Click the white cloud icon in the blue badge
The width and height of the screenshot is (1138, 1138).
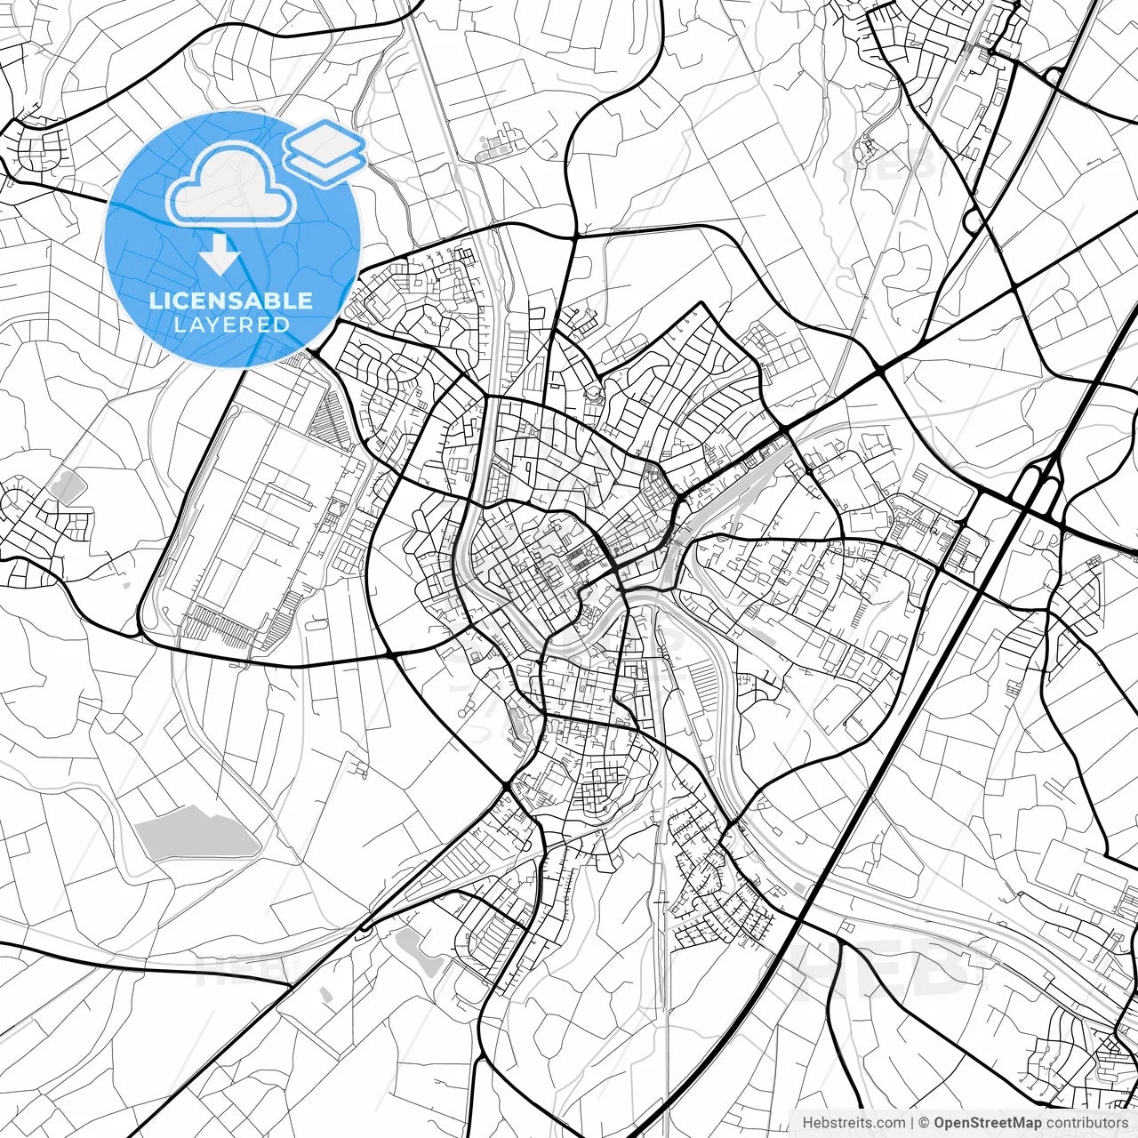231,185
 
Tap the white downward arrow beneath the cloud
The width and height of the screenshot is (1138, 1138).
219,253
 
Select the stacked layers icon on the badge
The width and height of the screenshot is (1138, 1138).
325,151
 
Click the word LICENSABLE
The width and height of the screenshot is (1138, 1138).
231,301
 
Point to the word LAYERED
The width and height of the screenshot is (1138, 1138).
231,325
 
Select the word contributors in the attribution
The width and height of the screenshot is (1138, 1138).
1086,1123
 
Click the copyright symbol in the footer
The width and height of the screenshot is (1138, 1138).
924,1123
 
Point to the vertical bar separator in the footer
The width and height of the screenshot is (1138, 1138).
912,1123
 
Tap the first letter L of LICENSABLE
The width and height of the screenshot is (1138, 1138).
154,301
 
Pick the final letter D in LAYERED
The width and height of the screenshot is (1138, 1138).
283,325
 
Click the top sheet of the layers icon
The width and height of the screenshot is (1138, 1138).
325,139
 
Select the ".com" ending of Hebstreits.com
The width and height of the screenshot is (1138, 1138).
890,1123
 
